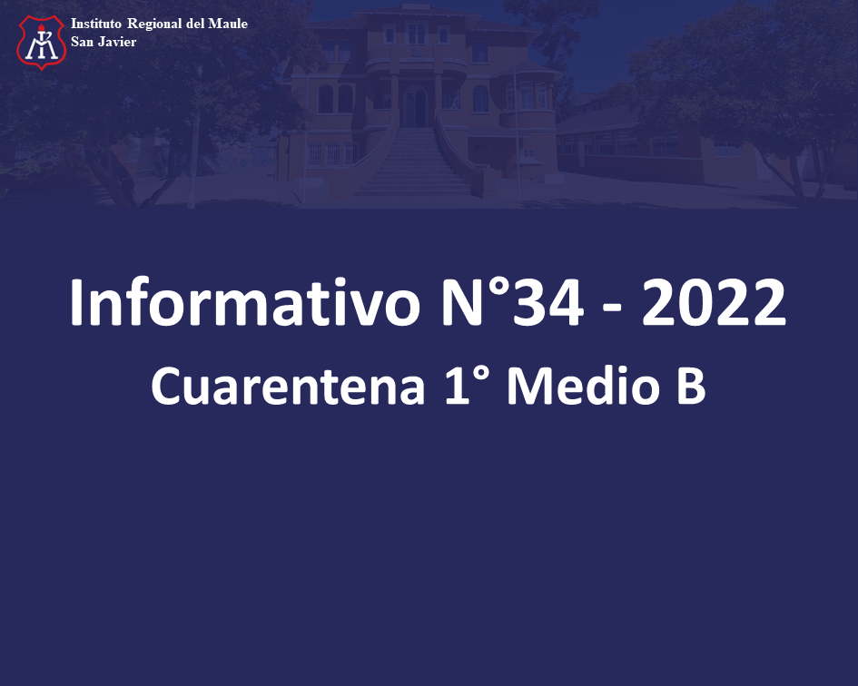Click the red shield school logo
pyautogui.click(x=42, y=42)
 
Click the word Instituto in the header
pyautogui.click(x=95, y=24)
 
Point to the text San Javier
pyautogui.click(x=104, y=42)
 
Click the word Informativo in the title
pyautogui.click(x=245, y=302)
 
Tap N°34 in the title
pyautogui.click(x=512, y=302)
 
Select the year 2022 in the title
pyautogui.click(x=714, y=302)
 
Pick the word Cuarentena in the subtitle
pyautogui.click(x=289, y=386)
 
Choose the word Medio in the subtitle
pyautogui.click(x=584, y=385)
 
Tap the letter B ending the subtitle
pyautogui.click(x=692, y=386)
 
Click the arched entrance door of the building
pyautogui.click(x=415, y=106)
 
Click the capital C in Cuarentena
pyautogui.click(x=166, y=386)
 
